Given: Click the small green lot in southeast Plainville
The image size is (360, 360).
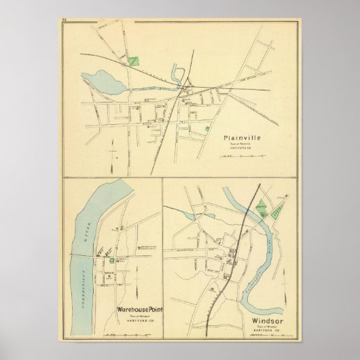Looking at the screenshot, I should coord(206,127).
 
